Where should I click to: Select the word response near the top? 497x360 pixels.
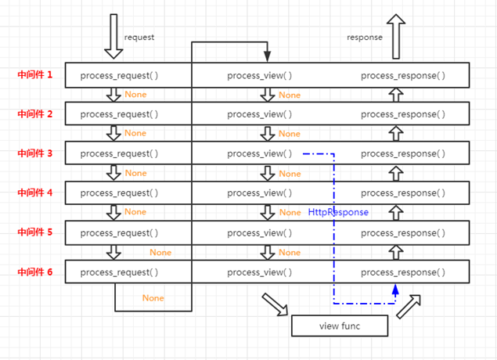coord(365,37)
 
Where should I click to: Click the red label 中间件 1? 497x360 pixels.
coord(35,75)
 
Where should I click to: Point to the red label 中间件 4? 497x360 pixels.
coord(35,193)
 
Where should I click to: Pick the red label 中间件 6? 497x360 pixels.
coord(35,272)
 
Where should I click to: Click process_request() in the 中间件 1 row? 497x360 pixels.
coord(119,76)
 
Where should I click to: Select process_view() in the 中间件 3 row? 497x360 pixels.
coord(260,154)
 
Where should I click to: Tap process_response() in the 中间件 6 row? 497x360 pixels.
coord(403,272)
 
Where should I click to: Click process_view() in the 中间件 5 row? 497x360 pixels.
coord(260,233)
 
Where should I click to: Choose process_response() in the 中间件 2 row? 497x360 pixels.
coord(403,114)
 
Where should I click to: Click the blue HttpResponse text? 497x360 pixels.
coord(338,212)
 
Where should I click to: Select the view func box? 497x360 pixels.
coord(340,325)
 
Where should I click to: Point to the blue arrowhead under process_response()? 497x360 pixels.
coord(395,290)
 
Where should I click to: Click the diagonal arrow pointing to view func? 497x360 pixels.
coord(275,304)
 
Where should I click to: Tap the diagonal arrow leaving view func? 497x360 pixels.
coord(409,306)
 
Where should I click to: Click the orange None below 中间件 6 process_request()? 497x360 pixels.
coord(153,298)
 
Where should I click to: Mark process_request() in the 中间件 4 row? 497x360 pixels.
coord(119,193)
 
